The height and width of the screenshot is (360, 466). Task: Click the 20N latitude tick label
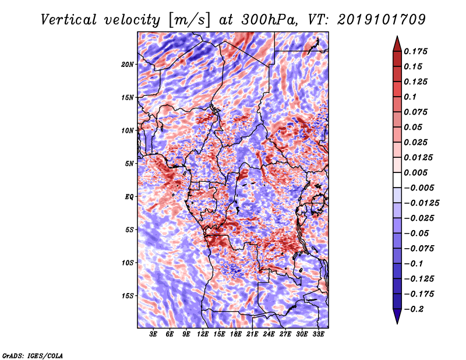point(128,64)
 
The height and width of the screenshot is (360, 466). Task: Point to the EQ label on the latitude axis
point(129,197)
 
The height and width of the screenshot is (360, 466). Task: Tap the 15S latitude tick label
point(128,296)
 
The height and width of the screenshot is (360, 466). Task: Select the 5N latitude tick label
point(129,164)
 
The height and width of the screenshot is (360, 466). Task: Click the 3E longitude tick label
point(153,334)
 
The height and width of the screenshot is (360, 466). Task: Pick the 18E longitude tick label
point(236,334)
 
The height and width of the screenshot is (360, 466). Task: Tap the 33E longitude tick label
point(318,334)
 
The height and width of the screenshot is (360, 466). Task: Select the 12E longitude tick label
point(203,334)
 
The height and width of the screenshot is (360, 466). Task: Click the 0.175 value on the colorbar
point(415,51)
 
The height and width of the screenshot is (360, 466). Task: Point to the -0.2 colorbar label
point(414,309)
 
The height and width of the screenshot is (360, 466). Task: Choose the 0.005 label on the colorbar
point(415,172)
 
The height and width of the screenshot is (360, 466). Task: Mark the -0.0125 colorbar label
point(421,203)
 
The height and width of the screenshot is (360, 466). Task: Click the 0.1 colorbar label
point(410,97)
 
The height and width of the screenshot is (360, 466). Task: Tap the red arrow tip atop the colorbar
point(397,36)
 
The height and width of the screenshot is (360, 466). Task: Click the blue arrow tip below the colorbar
point(397,323)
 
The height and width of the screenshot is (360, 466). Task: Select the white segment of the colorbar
point(397,180)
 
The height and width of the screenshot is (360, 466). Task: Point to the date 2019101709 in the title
point(382,20)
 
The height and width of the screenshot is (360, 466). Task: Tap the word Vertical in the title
point(69,20)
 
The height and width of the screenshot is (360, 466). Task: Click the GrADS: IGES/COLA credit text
point(33,355)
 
